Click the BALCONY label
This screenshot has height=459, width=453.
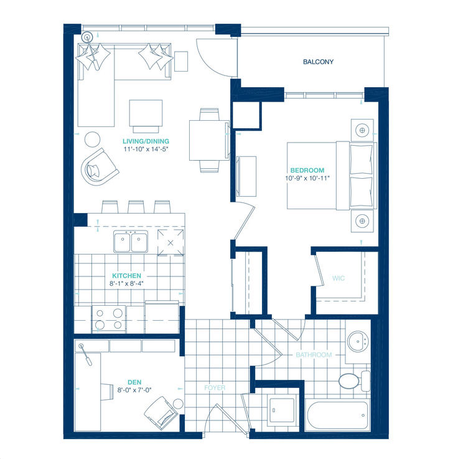pyautogui.click(x=319, y=62)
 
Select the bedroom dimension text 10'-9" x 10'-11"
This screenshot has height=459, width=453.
pyautogui.click(x=307, y=178)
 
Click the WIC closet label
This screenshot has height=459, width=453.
pyautogui.click(x=338, y=278)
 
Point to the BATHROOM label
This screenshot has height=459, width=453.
pyautogui.click(x=314, y=354)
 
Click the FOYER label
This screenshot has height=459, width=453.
pyautogui.click(x=215, y=387)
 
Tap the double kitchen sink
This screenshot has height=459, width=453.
pyautogui.click(x=131, y=242)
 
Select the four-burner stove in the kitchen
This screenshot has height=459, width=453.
pyautogui.click(x=108, y=318)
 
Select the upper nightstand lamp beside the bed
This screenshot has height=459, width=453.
pyautogui.click(x=362, y=130)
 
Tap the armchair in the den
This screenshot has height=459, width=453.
pyautogui.click(x=160, y=412)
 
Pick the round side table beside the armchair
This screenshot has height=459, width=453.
pyautogui.click(x=93, y=139)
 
